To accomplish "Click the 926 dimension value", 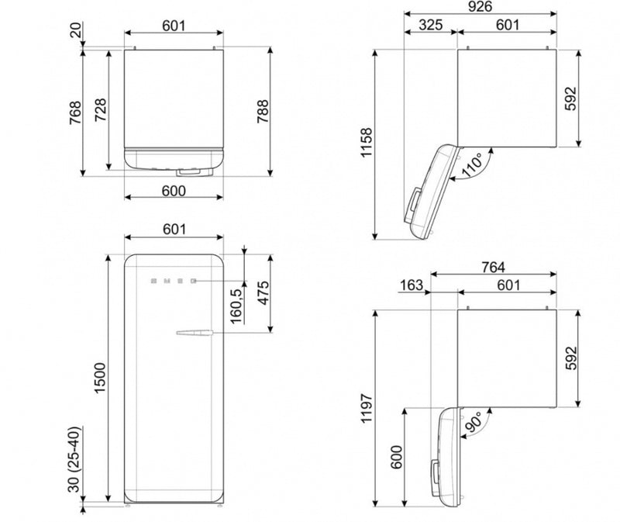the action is point(480,6).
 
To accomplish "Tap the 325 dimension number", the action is point(431,25).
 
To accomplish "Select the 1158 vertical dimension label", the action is point(367,143).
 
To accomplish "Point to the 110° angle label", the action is point(473,164).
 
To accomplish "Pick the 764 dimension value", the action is point(493,268).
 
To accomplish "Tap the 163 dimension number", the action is point(412,285).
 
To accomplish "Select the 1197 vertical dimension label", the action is point(367,408).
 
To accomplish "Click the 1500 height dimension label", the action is point(100,378).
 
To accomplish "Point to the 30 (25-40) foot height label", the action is point(74,459).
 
